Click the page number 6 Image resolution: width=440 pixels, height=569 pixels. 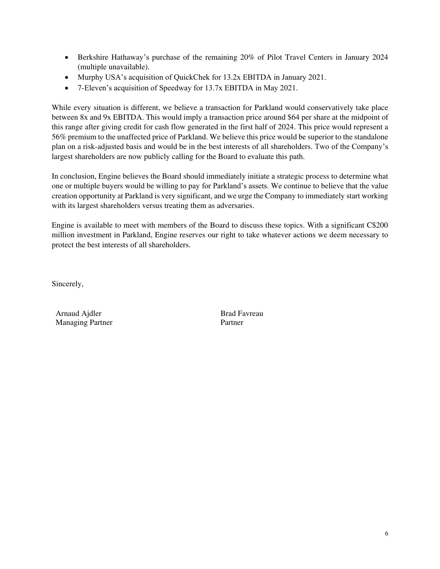386,533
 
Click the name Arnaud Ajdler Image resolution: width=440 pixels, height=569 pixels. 78,313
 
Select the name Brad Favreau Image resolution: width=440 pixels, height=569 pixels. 242,313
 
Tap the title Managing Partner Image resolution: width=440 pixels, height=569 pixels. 84,322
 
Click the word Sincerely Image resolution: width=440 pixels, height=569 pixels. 67,284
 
